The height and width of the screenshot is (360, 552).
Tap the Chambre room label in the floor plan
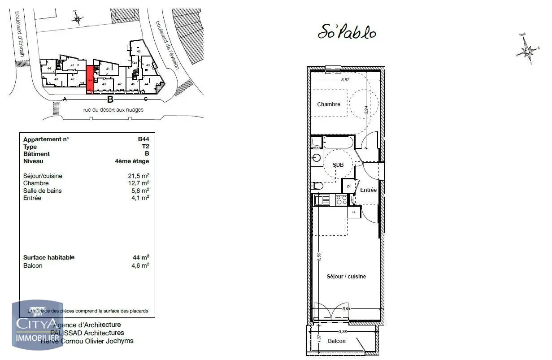pos(329,104)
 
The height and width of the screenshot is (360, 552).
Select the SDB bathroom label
pos(338,165)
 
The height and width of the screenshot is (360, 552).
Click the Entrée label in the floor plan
pos(368,190)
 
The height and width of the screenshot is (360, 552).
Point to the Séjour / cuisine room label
pos(346,277)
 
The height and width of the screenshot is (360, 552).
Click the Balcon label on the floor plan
pos(336,341)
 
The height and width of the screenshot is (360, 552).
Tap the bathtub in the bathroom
pos(338,143)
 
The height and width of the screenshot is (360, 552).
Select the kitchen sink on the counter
pos(322,200)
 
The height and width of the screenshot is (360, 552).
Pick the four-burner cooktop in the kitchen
pos(341,200)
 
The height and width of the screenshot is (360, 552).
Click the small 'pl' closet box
pos(348,186)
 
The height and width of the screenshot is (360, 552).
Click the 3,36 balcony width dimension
pos(343,332)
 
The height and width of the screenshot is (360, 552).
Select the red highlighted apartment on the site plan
pos(90,80)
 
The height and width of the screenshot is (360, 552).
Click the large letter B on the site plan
pos(110,100)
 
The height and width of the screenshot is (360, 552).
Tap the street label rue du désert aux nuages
pos(113,110)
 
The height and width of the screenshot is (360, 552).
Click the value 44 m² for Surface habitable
pos(141,257)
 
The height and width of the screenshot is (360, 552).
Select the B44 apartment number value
pos(143,139)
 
